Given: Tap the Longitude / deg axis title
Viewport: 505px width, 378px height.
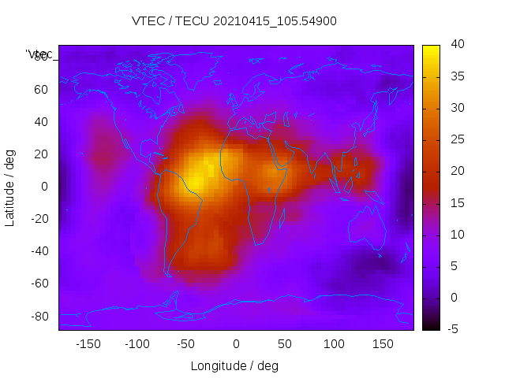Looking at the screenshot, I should pyautogui.click(x=234, y=366).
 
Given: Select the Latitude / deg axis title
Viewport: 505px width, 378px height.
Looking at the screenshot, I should pyautogui.click(x=10, y=187).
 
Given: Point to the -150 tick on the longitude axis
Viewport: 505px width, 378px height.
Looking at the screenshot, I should pyautogui.click(x=88, y=344).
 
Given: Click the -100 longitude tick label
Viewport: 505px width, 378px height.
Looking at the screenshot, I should pyautogui.click(x=137, y=344).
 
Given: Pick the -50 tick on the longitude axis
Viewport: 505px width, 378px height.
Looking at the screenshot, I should pyautogui.click(x=186, y=344).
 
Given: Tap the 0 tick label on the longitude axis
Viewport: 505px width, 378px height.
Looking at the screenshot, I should pyautogui.click(x=235, y=344).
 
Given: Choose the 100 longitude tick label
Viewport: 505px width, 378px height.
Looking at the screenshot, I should pyautogui.click(x=334, y=344).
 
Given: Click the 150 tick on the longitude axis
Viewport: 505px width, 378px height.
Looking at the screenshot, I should pyautogui.click(x=383, y=344).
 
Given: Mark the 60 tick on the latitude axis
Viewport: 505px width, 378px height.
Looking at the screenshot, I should pyautogui.click(x=41, y=90).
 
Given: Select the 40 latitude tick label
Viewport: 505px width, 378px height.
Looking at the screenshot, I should pyautogui.click(x=41, y=122).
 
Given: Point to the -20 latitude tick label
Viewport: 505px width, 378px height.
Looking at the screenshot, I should pyautogui.click(x=39, y=219).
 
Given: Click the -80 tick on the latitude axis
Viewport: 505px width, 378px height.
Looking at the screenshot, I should pyautogui.click(x=39, y=316).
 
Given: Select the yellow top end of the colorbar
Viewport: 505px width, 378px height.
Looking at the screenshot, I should pyautogui.click(x=431, y=49).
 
